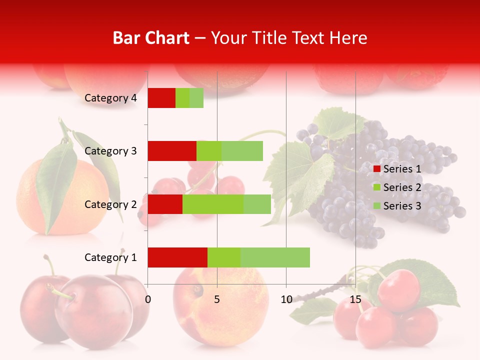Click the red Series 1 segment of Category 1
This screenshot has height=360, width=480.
pyautogui.click(x=177, y=257)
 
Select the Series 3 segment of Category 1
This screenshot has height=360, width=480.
pyautogui.click(x=275, y=257)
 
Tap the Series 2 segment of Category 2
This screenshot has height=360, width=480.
pyautogui.click(x=213, y=204)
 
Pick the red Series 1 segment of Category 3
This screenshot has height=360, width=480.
pyautogui.click(x=172, y=150)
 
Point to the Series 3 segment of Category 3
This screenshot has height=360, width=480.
pyautogui.click(x=242, y=150)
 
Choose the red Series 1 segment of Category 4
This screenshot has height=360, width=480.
pyautogui.click(x=161, y=98)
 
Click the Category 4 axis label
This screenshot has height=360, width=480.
pyautogui.click(x=110, y=98)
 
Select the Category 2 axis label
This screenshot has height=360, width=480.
pyautogui.click(x=110, y=204)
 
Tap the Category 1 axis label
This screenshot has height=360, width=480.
pyautogui.click(x=110, y=257)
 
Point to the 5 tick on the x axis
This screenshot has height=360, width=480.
pyautogui.click(x=217, y=299)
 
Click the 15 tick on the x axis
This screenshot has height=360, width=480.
pyautogui.click(x=355, y=299)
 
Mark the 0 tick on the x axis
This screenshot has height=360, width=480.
pyautogui.click(x=147, y=299)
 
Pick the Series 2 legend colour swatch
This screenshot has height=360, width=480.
pyautogui.click(x=377, y=187)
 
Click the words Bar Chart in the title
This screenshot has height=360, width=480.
pyautogui.click(x=151, y=38)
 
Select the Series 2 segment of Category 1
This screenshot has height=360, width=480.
pyautogui.click(x=224, y=257)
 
